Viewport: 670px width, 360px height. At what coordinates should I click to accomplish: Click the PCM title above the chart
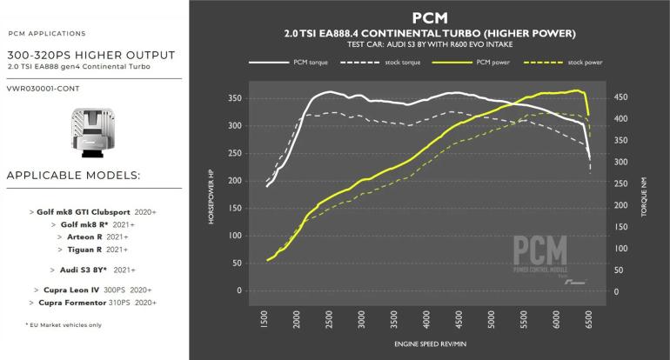tap(429, 17)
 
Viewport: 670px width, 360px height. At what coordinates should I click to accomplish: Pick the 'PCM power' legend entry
tap(496, 63)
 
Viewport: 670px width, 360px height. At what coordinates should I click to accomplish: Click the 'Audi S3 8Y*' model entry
tap(91, 270)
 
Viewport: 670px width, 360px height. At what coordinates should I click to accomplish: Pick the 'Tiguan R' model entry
tap(91, 250)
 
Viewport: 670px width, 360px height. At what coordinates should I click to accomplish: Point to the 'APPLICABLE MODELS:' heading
tap(73, 177)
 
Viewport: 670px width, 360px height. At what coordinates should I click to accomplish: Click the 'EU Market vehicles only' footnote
tap(52, 324)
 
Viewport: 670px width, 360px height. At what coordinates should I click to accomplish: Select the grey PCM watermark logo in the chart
tap(539, 256)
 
